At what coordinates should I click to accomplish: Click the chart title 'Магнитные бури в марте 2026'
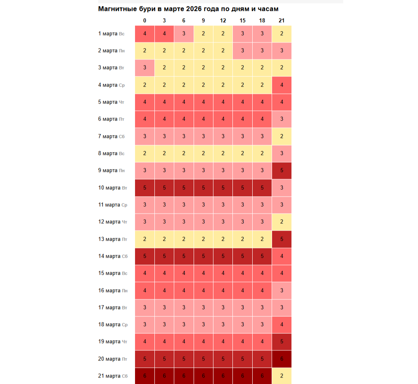[x=188, y=9]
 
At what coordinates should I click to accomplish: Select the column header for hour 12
[x=223, y=20]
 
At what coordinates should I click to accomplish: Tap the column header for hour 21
[x=281, y=20]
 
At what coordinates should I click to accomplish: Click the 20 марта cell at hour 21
[x=281, y=359]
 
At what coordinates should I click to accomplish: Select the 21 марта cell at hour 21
[x=281, y=376]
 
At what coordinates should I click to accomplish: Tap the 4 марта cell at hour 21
[x=281, y=85]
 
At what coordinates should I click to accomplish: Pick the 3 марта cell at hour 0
[x=145, y=68]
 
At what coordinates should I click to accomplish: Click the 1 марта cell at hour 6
[x=184, y=34]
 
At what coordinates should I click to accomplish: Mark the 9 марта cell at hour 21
[x=281, y=170]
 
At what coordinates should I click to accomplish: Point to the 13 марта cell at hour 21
[x=281, y=239]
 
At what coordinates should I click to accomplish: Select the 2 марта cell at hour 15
[x=243, y=51]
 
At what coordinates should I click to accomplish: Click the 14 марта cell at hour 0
[x=145, y=256]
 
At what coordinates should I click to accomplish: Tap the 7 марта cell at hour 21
[x=281, y=136]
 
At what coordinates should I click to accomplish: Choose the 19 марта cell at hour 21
[x=281, y=342]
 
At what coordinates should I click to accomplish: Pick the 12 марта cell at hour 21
[x=281, y=222]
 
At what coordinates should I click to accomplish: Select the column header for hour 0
[x=145, y=20]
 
